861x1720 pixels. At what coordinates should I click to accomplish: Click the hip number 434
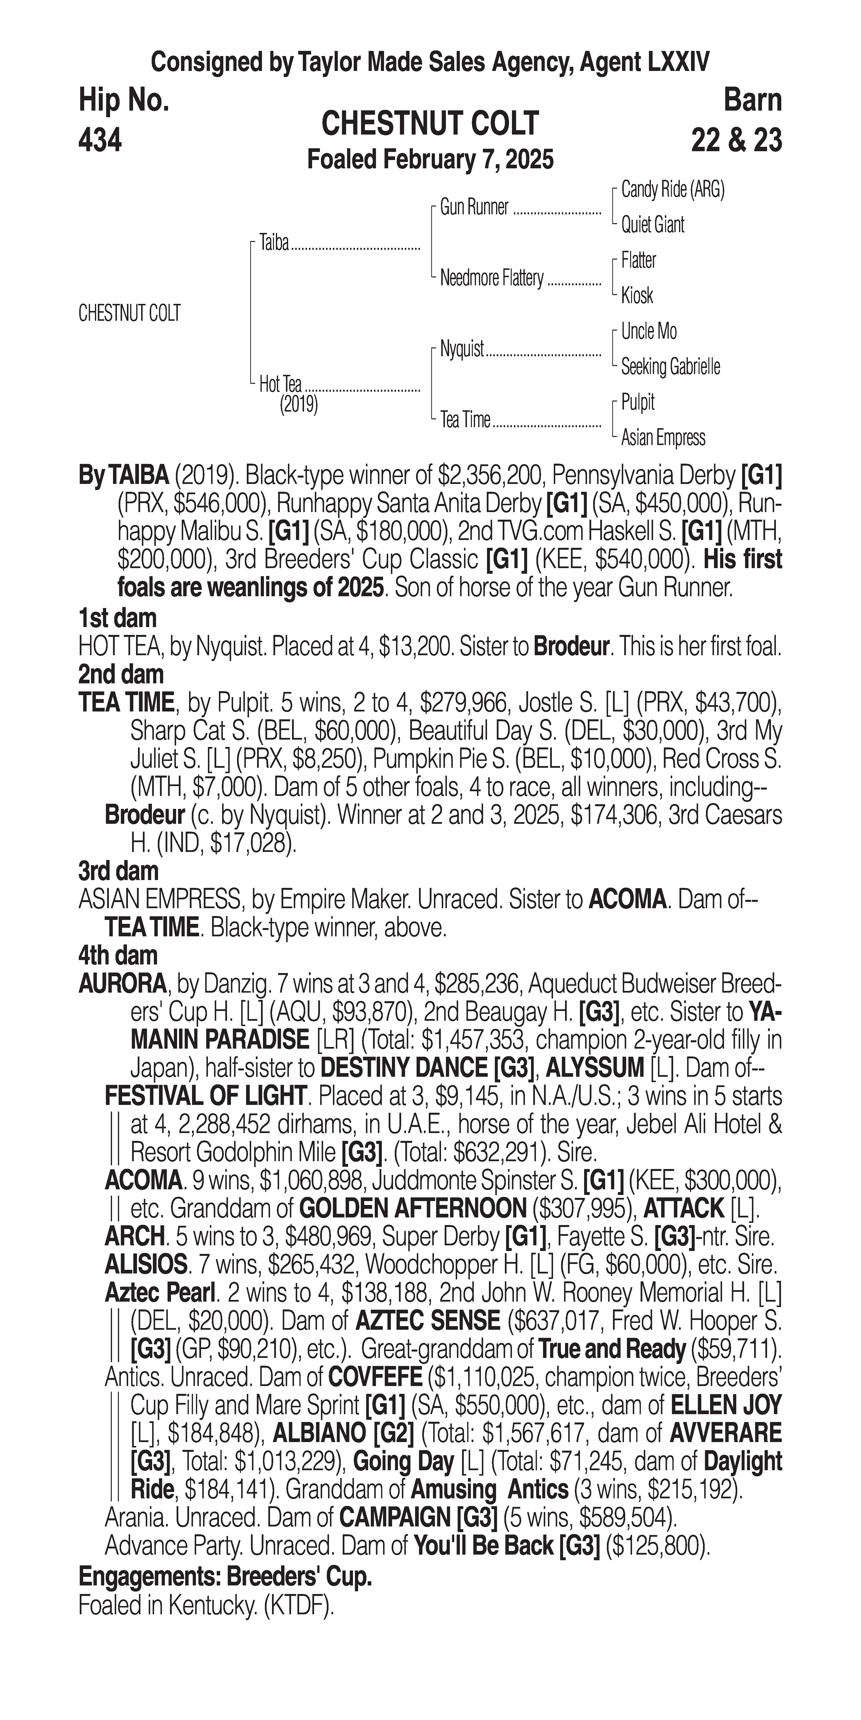coord(100,140)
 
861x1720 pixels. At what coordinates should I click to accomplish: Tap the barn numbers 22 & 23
coord(736,140)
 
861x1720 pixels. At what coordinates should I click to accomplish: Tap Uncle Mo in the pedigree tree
coord(648,331)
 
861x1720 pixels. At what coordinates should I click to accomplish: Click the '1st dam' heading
coord(117,618)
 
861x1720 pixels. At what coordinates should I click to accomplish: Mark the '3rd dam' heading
coord(118,871)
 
